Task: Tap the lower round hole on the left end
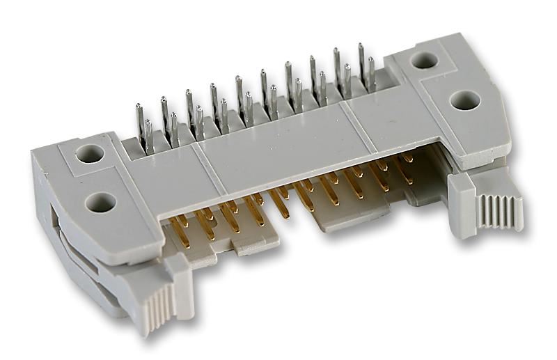tap(101, 203)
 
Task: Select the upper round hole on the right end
tap(423, 61)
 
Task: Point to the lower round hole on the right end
tap(464, 100)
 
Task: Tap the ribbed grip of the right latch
tap(498, 211)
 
